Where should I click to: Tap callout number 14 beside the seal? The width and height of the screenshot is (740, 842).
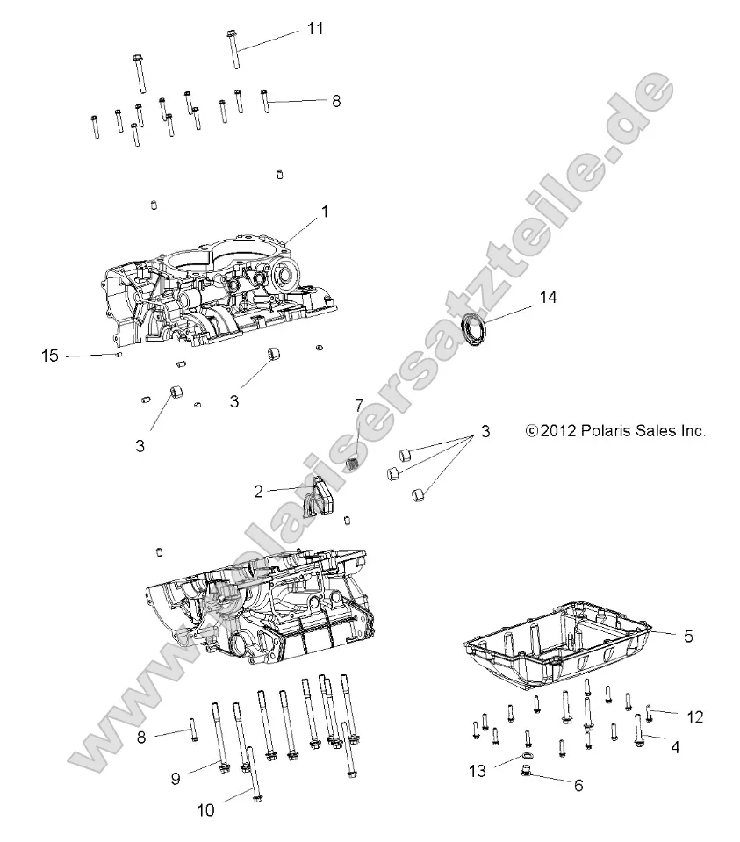[x=548, y=298]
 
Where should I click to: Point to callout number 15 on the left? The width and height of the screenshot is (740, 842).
[x=50, y=356]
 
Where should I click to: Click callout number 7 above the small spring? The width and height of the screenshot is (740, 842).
[x=358, y=406]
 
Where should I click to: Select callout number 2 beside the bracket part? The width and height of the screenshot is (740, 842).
[x=258, y=492]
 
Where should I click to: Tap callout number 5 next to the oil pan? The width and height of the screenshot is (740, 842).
[x=688, y=637]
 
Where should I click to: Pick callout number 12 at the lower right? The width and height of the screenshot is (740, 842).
[x=694, y=717]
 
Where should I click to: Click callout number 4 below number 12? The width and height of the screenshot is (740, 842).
[x=675, y=747]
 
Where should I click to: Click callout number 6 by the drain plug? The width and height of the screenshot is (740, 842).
[x=578, y=786]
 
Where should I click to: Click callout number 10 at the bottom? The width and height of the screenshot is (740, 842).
[x=205, y=811]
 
